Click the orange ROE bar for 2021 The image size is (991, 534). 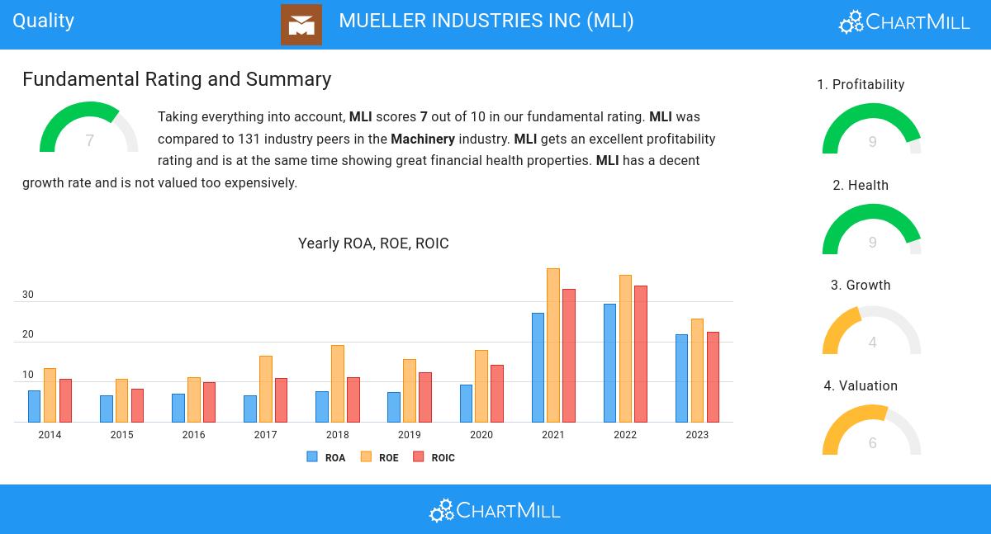[553, 345]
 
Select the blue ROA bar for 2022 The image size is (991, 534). [609, 363]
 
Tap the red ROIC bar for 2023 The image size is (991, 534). [713, 377]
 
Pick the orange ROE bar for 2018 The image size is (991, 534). [337, 384]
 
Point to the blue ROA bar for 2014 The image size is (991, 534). [34, 406]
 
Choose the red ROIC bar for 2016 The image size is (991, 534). [209, 402]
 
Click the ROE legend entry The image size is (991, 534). [380, 457]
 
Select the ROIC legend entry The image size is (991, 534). [434, 457]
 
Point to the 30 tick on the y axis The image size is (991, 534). [28, 295]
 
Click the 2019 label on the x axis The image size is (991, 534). [409, 435]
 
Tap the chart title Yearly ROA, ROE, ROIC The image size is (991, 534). [373, 243]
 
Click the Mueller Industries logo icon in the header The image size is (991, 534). [301, 25]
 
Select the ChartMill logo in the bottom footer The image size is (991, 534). [495, 510]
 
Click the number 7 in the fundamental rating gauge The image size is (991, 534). [89, 141]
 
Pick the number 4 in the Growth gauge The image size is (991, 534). [872, 343]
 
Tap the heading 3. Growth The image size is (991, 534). [861, 286]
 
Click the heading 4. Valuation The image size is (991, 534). [861, 386]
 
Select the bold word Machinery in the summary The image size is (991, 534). [423, 139]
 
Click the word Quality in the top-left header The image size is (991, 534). [44, 21]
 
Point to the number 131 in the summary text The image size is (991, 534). [249, 139]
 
